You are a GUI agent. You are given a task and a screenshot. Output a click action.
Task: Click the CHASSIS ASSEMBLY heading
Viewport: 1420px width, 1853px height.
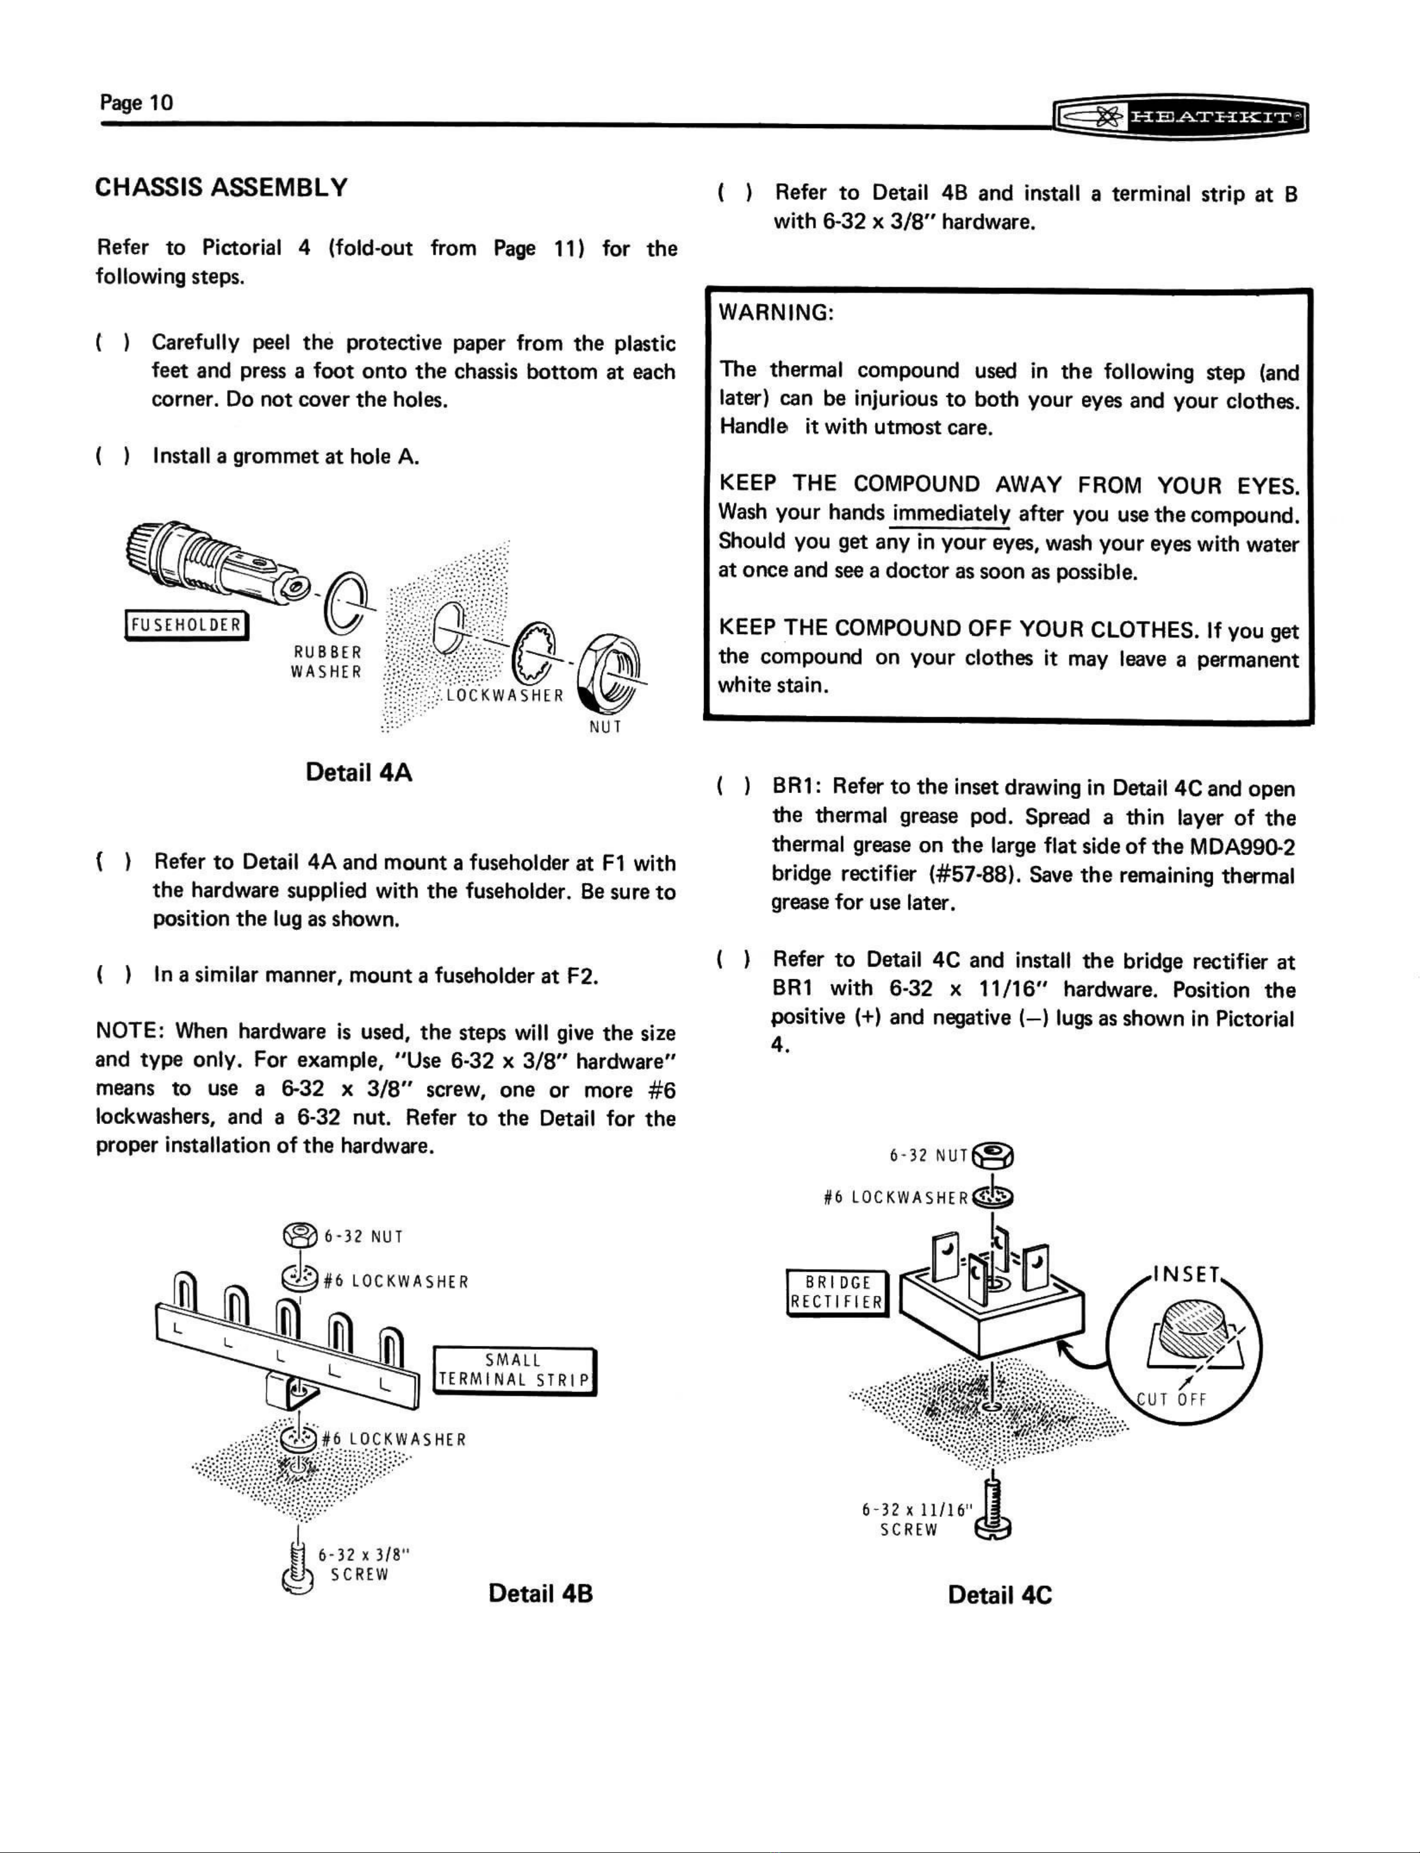(222, 187)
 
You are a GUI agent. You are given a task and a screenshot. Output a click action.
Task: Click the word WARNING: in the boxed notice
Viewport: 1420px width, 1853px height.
(776, 313)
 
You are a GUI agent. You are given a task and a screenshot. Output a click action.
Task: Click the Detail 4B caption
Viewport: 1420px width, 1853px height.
(541, 1593)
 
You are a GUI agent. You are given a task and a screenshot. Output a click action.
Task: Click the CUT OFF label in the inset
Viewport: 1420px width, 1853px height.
(1171, 1398)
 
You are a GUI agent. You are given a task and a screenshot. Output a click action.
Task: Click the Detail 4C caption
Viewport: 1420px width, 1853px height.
(1000, 1595)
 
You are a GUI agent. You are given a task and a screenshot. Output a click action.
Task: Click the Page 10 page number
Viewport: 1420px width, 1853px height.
(136, 103)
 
